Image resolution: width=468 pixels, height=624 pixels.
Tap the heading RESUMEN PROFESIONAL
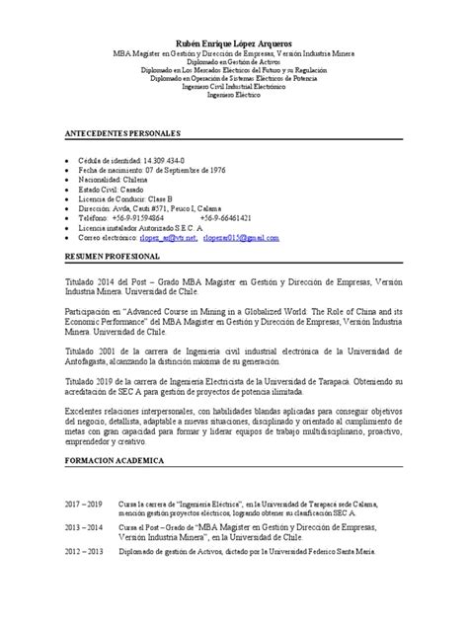click(108, 255)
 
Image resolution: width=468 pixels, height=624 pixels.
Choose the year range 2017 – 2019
click(84, 503)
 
